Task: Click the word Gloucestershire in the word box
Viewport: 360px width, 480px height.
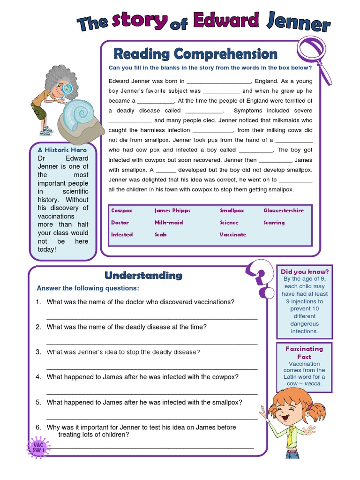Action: (x=283, y=210)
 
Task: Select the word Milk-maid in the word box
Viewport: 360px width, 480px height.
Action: (x=169, y=223)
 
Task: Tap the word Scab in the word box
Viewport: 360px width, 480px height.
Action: (x=160, y=234)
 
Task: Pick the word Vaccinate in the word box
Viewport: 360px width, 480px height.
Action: (x=232, y=234)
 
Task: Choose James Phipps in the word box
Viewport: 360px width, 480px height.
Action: (x=172, y=210)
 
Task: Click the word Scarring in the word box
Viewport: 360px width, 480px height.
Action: (x=274, y=223)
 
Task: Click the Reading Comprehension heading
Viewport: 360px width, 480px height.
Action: (x=195, y=54)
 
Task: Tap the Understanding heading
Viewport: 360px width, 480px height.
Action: (x=143, y=275)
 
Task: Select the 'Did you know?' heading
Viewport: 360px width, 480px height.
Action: (x=305, y=271)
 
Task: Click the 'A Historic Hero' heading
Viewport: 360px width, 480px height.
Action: (x=62, y=150)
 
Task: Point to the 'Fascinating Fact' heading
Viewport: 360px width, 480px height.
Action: (x=304, y=352)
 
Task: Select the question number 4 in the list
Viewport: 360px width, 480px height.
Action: (x=38, y=377)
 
